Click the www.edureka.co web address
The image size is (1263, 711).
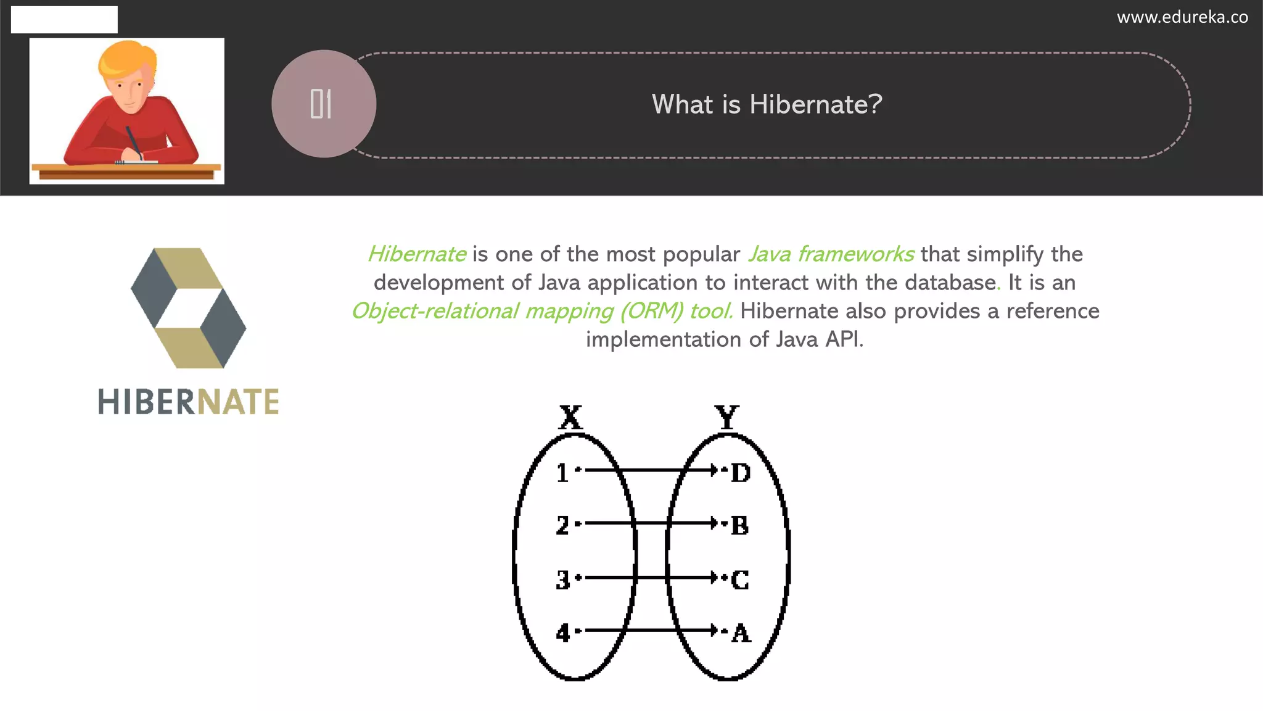point(1182,17)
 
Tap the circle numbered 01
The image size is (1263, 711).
point(324,104)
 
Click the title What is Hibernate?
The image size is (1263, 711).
point(767,104)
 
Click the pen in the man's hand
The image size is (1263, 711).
point(133,141)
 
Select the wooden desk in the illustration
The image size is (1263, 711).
point(126,171)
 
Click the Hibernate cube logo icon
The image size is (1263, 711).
point(189,308)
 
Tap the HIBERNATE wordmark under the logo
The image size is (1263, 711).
point(189,402)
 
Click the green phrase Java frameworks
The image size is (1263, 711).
point(831,254)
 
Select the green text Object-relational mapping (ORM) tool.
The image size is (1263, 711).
point(542,311)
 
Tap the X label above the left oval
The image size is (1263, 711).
point(570,418)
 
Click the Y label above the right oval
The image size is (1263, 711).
point(727,418)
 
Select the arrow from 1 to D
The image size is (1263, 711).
point(651,470)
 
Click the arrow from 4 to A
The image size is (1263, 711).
point(651,630)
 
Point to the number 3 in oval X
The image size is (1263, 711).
point(562,580)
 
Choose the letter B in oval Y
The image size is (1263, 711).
point(740,526)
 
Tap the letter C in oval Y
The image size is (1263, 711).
point(740,580)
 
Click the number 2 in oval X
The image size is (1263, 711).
point(562,525)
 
